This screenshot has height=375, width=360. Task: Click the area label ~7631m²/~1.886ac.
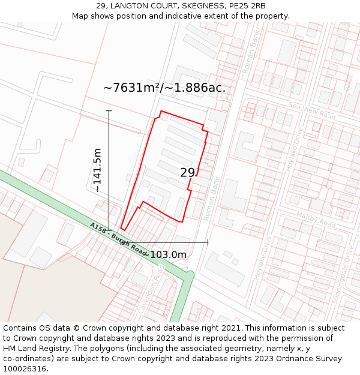[x=164, y=88]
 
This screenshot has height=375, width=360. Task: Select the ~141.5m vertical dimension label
[x=97, y=170]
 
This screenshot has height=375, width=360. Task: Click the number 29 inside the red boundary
[x=188, y=173]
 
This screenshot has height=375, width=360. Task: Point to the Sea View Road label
[x=311, y=110]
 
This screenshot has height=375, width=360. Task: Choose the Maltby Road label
[x=316, y=218]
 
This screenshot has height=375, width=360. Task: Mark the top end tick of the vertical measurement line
[x=109, y=111]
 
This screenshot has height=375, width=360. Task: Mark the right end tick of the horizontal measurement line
[x=208, y=242]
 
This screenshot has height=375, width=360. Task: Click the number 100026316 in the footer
[x=25, y=368]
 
